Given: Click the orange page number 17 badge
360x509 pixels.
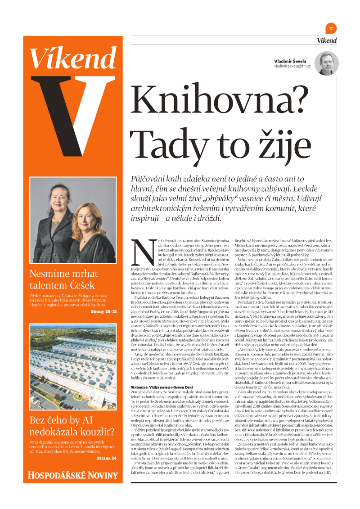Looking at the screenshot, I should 331,28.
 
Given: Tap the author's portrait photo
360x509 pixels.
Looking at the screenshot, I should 327,63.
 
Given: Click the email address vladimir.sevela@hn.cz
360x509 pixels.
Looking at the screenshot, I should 295,67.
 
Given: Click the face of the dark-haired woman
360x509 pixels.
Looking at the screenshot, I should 58,199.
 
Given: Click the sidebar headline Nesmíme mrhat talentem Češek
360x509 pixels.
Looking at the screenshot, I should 63,279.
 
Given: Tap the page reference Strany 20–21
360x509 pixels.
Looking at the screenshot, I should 103,311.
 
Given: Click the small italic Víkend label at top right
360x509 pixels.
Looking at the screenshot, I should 326,41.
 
